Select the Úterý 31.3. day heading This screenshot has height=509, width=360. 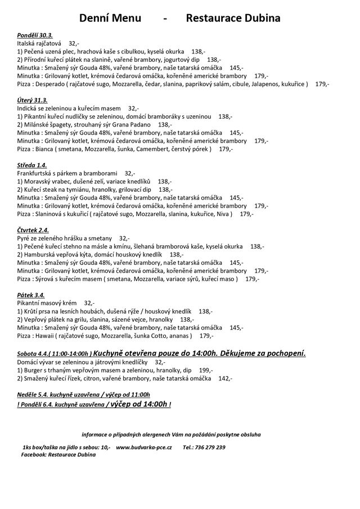[33, 100]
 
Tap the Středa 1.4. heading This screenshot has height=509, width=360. [33, 165]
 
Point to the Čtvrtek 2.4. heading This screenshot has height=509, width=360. [33, 230]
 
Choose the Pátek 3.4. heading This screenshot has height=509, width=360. [31, 295]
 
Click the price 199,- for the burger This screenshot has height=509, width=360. [206, 371]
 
